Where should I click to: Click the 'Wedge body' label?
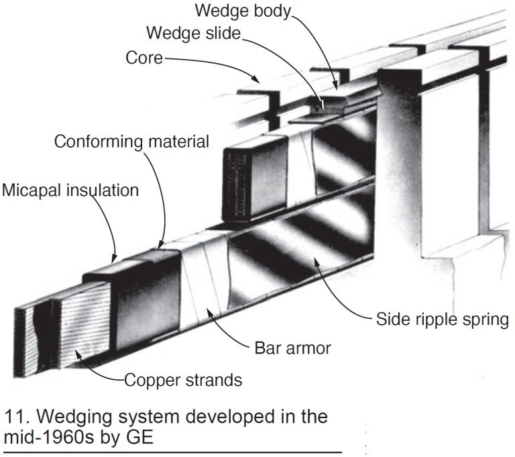point(243,11)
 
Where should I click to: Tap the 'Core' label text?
point(144,58)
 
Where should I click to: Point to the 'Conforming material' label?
point(131,142)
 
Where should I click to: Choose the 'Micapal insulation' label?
point(70,190)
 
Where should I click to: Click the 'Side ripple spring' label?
point(441,319)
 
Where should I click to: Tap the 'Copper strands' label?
point(182,381)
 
